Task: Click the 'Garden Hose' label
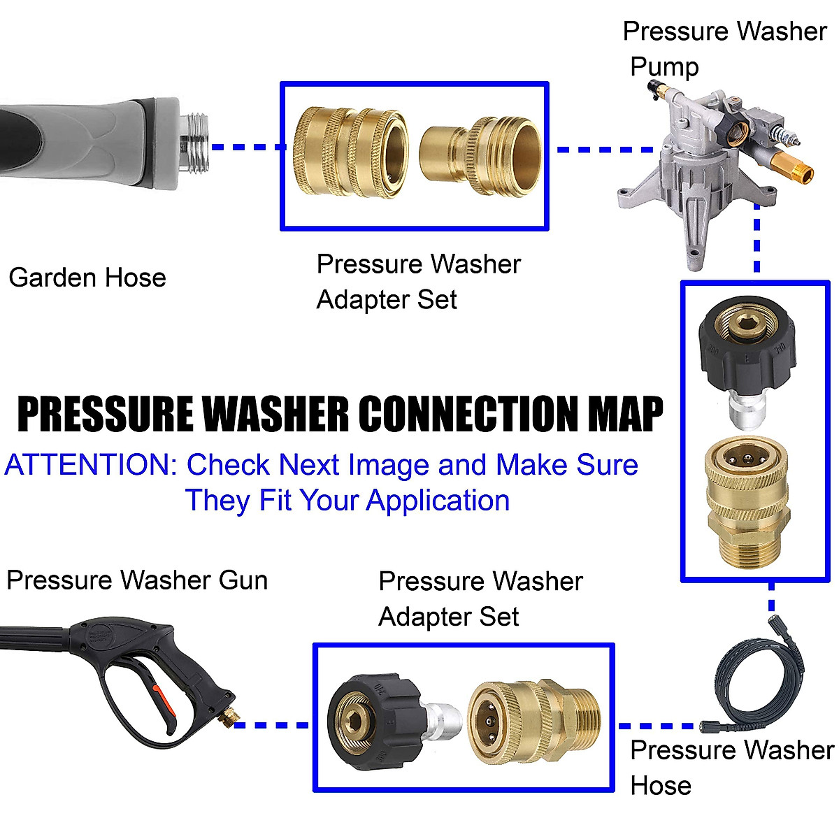pyautogui.click(x=87, y=278)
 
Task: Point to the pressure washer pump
pyautogui.click(x=706, y=161)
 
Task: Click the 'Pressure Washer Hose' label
pyautogui.click(x=731, y=767)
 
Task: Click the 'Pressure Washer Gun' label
pyautogui.click(x=137, y=580)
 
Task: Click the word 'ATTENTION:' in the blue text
pyautogui.click(x=91, y=465)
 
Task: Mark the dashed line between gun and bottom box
pyautogui.click(x=273, y=725)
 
